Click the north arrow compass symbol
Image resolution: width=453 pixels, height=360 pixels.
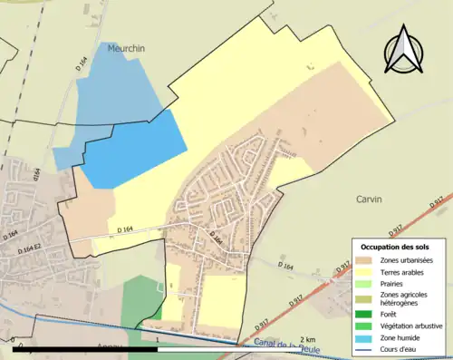pos(404,52)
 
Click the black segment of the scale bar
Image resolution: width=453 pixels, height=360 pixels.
pos(86,348)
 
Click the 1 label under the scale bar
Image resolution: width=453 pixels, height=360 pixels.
pos(158,339)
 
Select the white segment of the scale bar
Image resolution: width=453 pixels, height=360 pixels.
pos(236,348)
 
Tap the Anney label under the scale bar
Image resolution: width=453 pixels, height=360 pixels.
pos(110,355)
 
